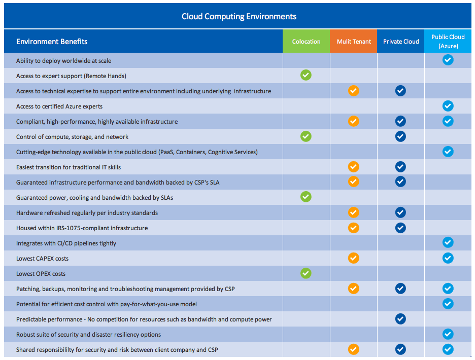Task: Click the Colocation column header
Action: tap(307, 41)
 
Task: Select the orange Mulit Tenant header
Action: tap(354, 41)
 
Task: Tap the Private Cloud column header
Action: tap(401, 41)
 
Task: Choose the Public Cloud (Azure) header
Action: tap(448, 41)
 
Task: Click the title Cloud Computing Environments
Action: tap(239, 16)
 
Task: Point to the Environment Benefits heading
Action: tap(52, 42)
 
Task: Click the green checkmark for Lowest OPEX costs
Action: tap(306, 273)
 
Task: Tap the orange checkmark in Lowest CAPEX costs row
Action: tap(354, 258)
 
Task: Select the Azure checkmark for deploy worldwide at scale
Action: tap(448, 60)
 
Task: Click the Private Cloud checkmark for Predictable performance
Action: tap(400, 319)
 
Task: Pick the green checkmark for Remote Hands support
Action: tap(306, 75)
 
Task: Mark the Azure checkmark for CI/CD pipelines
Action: tap(448, 242)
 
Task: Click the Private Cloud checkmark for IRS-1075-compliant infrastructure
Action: tap(400, 228)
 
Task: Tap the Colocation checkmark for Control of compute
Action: tap(306, 136)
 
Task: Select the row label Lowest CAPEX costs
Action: tap(43, 259)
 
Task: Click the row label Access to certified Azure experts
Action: tap(59, 106)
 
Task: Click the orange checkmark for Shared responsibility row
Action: tap(354, 349)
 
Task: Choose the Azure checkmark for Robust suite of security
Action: tap(448, 334)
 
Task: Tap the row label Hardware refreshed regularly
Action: tap(87, 213)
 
